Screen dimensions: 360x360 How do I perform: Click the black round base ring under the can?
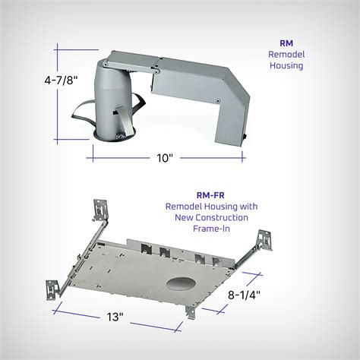[x=109, y=137]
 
